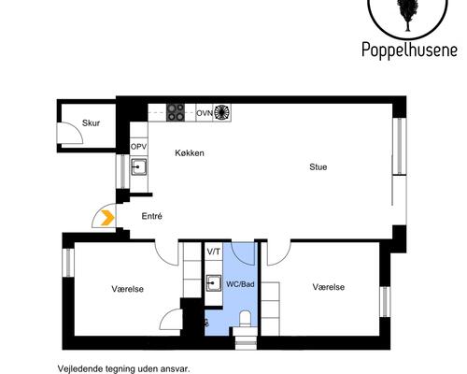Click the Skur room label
91,122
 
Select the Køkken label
189,153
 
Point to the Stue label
318,167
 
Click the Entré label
151,216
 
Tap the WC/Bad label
240,282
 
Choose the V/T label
214,252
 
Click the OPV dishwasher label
138,147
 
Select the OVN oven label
204,112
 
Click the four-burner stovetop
175,111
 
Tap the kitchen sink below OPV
138,168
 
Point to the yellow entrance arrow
107,218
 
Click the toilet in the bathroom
244,320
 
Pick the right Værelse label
329,287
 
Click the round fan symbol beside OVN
222,112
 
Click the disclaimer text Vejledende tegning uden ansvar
122,367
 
